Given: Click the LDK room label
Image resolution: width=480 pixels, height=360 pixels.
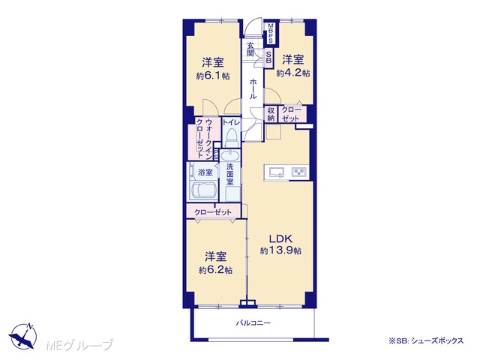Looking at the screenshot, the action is point(280,238).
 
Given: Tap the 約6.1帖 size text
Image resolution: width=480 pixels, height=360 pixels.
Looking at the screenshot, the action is point(213,76).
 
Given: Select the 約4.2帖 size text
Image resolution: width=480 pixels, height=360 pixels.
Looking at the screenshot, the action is point(293,73).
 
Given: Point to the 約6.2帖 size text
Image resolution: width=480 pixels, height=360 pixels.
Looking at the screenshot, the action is point(215,270).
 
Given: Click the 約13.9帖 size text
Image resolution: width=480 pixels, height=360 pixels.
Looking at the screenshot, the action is point(280,250).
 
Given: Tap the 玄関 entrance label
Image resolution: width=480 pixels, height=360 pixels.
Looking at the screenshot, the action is point(250,49).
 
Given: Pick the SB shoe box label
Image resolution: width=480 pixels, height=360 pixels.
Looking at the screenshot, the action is point(268,57).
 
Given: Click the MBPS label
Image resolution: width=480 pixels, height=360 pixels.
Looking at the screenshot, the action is point(271,33).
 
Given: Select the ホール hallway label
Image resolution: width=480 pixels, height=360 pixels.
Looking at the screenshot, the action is point(253,88).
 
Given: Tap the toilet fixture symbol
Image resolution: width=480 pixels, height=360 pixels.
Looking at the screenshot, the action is point(231,138).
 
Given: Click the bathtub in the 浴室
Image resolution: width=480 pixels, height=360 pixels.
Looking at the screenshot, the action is point(203,190).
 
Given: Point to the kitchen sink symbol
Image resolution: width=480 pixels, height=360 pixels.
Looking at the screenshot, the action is point(277,172).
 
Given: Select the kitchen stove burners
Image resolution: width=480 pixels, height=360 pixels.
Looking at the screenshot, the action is point(299,172).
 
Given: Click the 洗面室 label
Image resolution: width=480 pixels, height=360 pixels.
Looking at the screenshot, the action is point(230,175).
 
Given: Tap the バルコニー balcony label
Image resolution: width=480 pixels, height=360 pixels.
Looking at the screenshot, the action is point(253,323).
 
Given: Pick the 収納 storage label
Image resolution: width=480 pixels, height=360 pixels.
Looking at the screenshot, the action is point(271,114).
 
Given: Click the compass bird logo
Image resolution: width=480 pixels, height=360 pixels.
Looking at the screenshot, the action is point(23,336).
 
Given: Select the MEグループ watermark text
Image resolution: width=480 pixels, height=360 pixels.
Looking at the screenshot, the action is point(80,345).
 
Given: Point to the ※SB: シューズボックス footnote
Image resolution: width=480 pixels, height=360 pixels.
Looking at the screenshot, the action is point(426,340).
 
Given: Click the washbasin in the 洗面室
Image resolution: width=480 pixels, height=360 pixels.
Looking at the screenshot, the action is point(230,156).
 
